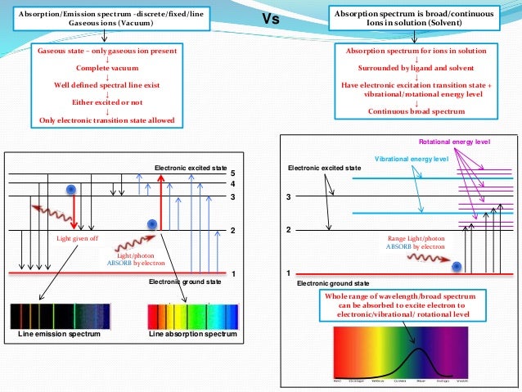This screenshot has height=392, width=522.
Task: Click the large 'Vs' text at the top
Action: (x=270, y=20)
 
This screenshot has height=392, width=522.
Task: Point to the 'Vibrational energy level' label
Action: (x=411, y=158)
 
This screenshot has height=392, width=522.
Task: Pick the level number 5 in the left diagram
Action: (x=232, y=174)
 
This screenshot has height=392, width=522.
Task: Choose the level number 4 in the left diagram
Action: (x=232, y=184)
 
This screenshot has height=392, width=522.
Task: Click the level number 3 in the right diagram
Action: (x=288, y=198)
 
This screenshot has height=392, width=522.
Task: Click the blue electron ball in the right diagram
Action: (x=457, y=266)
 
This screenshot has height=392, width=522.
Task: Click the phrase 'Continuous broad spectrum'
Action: (x=416, y=111)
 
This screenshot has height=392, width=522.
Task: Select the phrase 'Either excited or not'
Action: (x=109, y=103)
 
